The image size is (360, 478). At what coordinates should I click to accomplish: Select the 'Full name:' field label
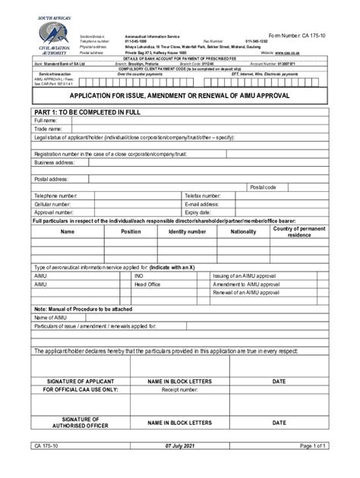[46, 120]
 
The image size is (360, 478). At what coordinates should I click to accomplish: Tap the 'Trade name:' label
[48, 128]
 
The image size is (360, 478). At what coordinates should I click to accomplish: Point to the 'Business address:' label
[53, 162]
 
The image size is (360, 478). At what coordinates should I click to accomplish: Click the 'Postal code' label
[263, 187]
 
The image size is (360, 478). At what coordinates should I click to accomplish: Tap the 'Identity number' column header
[187, 231]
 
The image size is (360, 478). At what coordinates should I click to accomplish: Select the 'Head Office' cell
[147, 284]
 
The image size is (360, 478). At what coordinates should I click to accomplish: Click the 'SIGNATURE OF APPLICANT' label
[80, 380]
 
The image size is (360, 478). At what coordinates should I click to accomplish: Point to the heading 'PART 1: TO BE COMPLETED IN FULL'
[88, 111]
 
